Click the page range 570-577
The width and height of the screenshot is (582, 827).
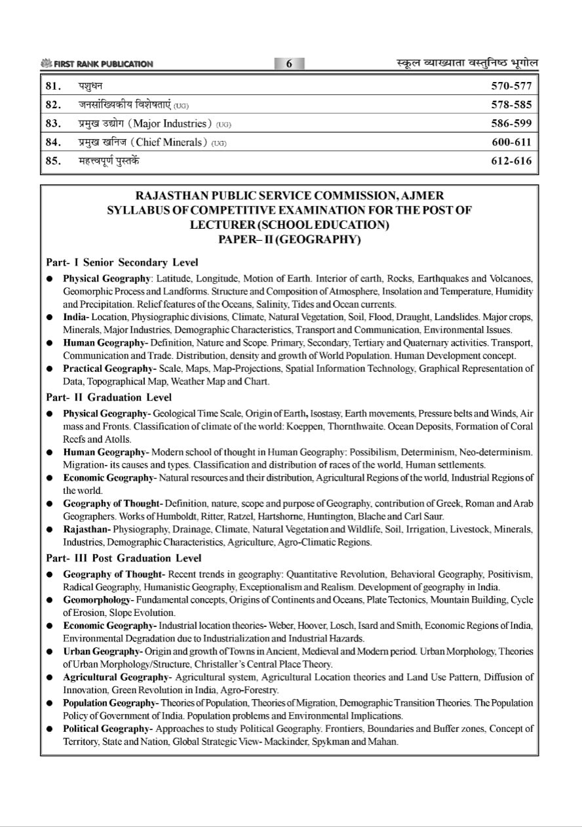511,86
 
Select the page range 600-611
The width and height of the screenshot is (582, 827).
511,142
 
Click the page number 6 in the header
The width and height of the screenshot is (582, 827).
289,64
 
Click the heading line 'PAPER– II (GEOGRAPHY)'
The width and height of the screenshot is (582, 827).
289,239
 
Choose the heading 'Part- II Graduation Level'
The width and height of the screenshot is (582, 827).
109,397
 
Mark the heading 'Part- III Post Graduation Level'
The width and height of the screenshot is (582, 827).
124,559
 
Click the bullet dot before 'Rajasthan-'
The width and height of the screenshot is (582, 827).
49,530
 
